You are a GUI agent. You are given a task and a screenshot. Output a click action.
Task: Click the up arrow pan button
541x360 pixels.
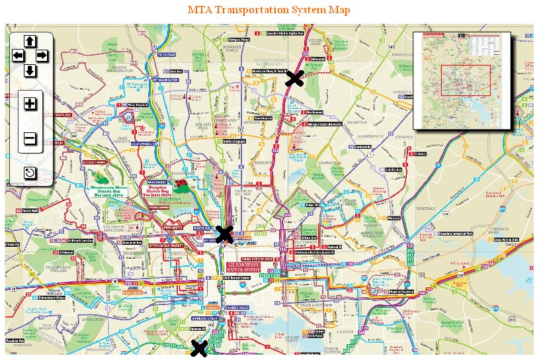[x=30, y=41]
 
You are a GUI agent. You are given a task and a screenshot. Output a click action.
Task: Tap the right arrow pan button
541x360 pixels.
[x=42, y=56]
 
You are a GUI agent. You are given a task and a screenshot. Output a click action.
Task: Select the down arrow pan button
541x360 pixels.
[x=30, y=70]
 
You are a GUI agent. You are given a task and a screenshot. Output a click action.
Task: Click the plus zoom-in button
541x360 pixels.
[x=30, y=104]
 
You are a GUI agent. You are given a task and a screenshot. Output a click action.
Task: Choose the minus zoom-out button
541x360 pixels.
[x=30, y=139]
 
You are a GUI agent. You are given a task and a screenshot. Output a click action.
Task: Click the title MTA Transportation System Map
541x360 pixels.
[x=269, y=10]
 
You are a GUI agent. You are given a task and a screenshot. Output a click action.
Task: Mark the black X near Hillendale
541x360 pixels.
[x=294, y=79]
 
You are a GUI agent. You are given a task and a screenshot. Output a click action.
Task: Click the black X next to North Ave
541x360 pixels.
[x=225, y=233]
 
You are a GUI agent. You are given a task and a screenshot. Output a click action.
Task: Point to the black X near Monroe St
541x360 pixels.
[x=198, y=349]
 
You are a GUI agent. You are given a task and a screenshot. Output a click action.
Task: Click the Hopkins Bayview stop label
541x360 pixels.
[x=403, y=291]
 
